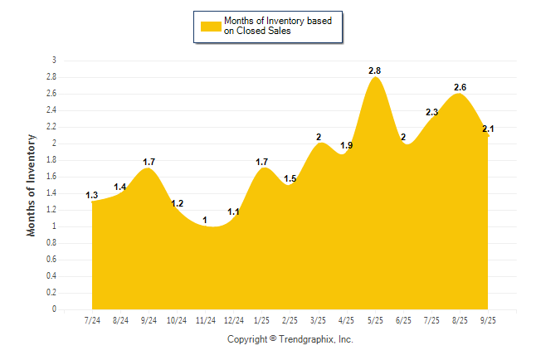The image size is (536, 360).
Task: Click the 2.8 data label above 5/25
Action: pos(375,71)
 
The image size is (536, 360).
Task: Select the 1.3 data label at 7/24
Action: pos(92,196)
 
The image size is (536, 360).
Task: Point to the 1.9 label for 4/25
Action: pos(347,146)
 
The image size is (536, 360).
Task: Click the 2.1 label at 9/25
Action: pos(488,129)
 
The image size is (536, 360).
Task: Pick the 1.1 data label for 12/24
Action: pos(233,212)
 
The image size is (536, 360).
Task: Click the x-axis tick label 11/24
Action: pos(205,319)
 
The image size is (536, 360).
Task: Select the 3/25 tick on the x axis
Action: pos(318,319)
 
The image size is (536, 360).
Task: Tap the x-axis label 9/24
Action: pos(149,319)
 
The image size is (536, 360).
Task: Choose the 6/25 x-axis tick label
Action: pos(403,319)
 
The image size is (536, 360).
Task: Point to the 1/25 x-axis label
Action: pos(261,319)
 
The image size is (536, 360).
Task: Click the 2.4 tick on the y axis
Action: pos(51,110)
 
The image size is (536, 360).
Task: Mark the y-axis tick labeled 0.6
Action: pos(51,260)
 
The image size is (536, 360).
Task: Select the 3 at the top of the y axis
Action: pos(54,61)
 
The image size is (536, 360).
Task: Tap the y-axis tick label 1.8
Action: pos(51,160)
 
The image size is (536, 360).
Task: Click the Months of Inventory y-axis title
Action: pos(32,185)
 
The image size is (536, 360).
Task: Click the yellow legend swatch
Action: pos(210,26)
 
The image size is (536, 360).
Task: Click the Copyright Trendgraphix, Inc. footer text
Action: pos(290,339)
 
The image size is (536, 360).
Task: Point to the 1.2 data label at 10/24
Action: pos(177,204)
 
